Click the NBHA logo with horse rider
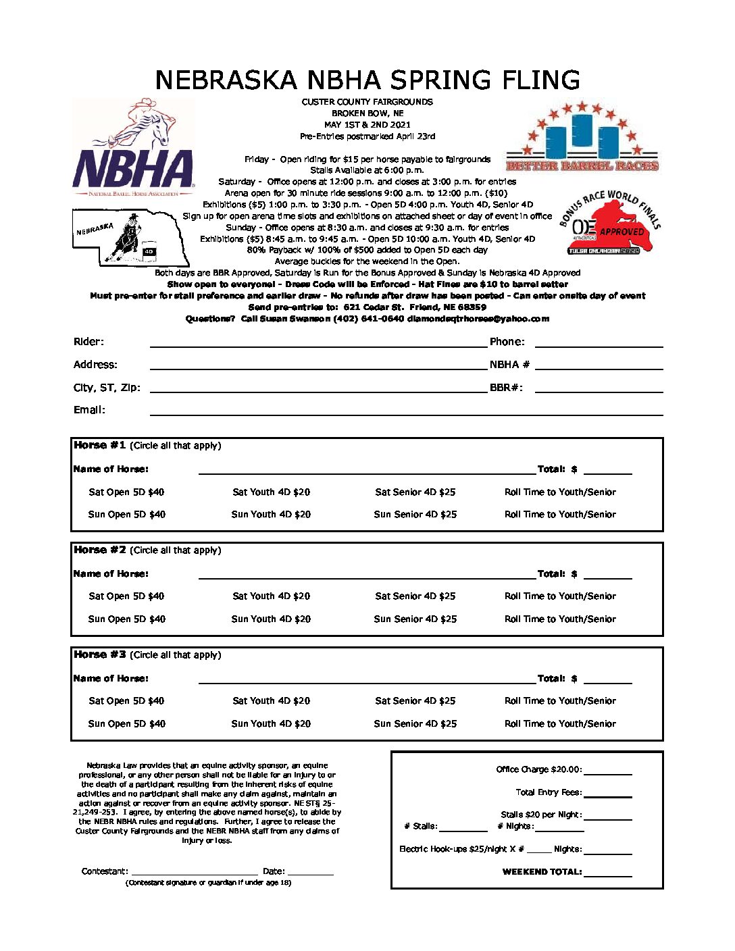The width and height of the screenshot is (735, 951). [133, 147]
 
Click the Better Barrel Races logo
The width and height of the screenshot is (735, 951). [582, 138]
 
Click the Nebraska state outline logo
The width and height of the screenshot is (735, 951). [131, 237]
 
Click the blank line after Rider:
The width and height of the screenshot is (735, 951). [318, 343]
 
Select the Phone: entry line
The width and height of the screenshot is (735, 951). [599, 343]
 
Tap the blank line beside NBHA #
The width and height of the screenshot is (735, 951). [599, 365]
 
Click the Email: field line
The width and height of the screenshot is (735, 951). [405, 411]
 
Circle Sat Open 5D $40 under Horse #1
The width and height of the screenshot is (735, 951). [126, 492]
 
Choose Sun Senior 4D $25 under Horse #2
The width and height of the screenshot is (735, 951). [415, 619]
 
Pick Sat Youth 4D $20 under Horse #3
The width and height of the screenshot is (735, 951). [271, 701]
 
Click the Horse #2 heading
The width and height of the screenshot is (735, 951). [99, 550]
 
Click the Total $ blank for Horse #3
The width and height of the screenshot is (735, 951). [607, 679]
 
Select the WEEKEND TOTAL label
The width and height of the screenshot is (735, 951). [542, 872]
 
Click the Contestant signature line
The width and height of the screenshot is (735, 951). [195, 872]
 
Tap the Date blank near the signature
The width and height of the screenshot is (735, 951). [311, 872]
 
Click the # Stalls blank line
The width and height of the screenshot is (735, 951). [463, 827]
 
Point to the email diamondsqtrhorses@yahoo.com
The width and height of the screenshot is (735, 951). [478, 319]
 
